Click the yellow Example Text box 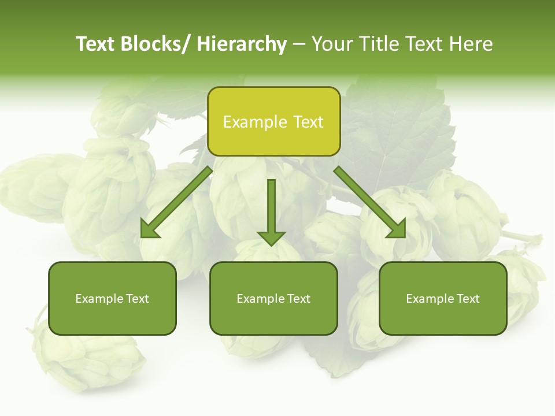[273, 121]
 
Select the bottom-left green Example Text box [112, 298]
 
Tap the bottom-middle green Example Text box [273, 298]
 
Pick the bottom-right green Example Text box [443, 298]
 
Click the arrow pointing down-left [176, 202]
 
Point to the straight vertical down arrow [271, 211]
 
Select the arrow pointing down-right [370, 202]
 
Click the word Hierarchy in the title [242, 44]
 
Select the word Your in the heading [331, 44]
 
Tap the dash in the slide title [299, 44]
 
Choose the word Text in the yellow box [308, 122]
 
